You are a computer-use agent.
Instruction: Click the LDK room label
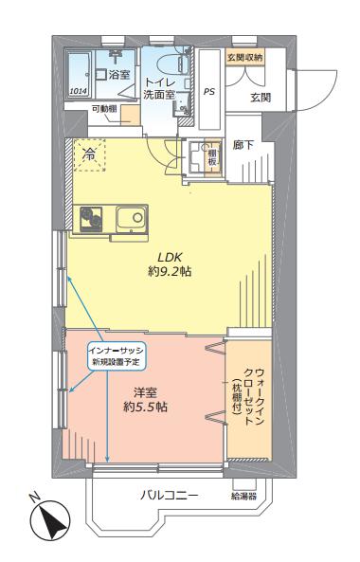pyautogui.click(x=171, y=257)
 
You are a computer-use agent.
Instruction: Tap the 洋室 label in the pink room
pyautogui.click(x=145, y=393)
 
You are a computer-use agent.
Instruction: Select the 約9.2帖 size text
pyautogui.click(x=170, y=272)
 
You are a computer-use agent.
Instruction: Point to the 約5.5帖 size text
pyautogui.click(x=146, y=407)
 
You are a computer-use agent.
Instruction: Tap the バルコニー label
pyautogui.click(x=169, y=496)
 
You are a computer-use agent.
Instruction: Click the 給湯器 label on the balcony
pyautogui.click(x=243, y=496)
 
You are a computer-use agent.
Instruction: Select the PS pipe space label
pyautogui.click(x=209, y=91)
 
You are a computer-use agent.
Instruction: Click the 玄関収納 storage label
pyautogui.click(x=245, y=57)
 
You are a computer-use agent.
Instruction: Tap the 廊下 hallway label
pyautogui.click(x=243, y=145)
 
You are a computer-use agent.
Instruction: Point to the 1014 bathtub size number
pyautogui.click(x=78, y=91)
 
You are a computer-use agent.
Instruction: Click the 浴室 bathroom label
pyautogui.click(x=119, y=75)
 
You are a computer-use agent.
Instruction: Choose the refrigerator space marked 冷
pyautogui.click(x=90, y=154)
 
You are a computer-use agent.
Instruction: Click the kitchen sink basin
pyautogui.click(x=132, y=219)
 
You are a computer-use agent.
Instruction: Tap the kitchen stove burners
pyautogui.click(x=91, y=219)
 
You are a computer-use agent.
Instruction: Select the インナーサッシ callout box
pyautogui.click(x=117, y=355)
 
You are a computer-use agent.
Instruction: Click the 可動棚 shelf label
pyautogui.click(x=104, y=109)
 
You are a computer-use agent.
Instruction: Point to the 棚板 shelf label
pyautogui.click(x=213, y=156)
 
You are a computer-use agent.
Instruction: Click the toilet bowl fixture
pyautogui.click(x=170, y=63)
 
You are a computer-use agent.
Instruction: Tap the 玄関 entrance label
pyautogui.click(x=261, y=97)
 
